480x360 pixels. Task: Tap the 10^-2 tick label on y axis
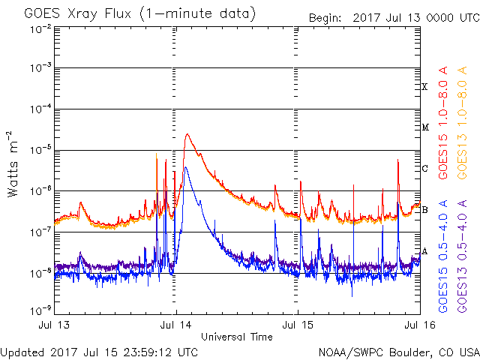click(40, 29)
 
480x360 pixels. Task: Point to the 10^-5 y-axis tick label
click(40, 150)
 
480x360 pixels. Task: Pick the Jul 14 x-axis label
click(176, 327)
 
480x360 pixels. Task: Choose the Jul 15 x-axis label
click(298, 327)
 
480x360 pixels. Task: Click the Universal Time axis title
click(236, 337)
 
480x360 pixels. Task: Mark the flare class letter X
click(424, 87)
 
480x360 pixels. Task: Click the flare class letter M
click(424, 127)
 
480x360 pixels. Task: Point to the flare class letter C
click(424, 169)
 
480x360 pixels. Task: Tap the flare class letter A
click(424, 251)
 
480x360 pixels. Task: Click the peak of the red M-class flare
click(187, 134)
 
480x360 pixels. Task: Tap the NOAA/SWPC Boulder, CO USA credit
click(397, 352)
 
